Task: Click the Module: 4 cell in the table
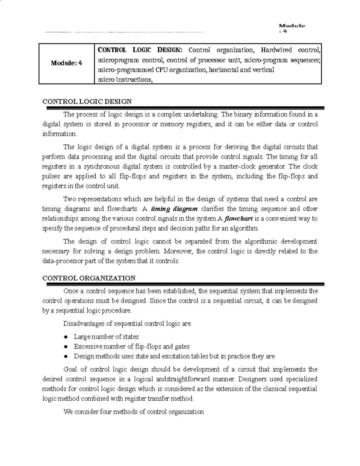coord(66,63)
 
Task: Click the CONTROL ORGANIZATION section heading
coord(89,278)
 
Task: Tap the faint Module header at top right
coord(292,26)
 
